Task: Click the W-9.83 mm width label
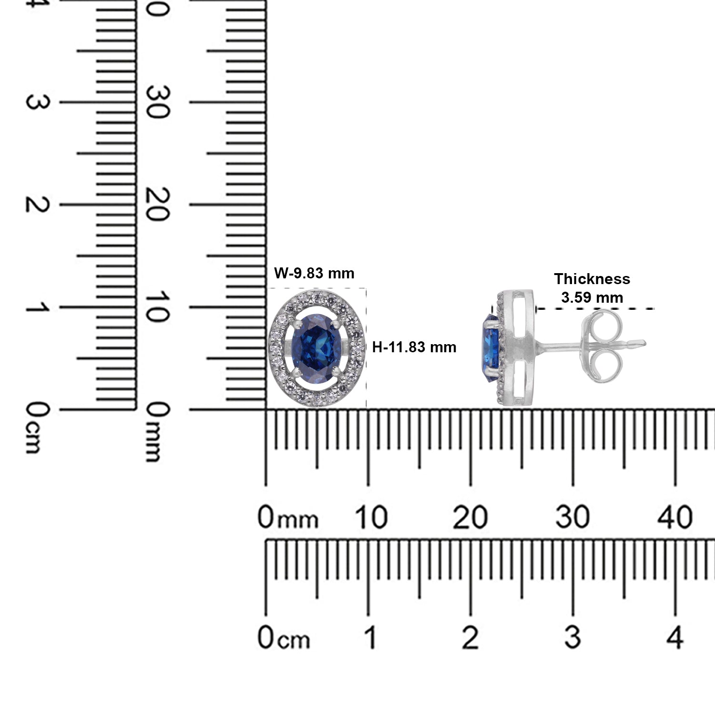tap(314, 273)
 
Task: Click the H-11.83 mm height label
tap(414, 347)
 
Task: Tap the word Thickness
tap(592, 279)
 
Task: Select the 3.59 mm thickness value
tap(592, 298)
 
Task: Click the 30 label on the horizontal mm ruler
tap(572, 517)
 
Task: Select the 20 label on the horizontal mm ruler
tap(470, 517)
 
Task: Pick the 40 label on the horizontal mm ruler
tap(674, 517)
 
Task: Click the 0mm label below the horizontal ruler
tap(287, 518)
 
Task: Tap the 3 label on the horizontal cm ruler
tap(572, 637)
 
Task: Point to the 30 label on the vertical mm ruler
tap(158, 102)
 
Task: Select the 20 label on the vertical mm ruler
tap(158, 204)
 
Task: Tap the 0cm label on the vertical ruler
tap(37, 427)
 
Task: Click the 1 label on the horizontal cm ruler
tap(370, 637)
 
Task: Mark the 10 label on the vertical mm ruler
tap(158, 307)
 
